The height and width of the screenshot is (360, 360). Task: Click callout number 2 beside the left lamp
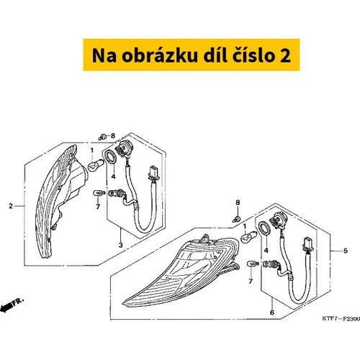coord(11,206)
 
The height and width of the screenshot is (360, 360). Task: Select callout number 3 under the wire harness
coord(121,245)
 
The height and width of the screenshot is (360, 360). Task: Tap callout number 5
coord(346,251)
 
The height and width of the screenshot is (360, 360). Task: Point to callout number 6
coord(272,312)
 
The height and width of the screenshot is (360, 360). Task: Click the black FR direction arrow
coord(6,307)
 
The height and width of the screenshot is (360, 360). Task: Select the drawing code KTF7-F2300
coord(341,319)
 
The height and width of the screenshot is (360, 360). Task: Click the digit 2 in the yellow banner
coord(285,55)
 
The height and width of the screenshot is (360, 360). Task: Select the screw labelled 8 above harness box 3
coord(102,137)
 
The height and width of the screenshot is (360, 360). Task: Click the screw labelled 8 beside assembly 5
coord(237,218)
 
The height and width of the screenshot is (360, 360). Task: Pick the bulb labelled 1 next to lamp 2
coord(96,166)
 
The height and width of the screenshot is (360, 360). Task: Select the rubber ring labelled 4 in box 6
coord(264,228)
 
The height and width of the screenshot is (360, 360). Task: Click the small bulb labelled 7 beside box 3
coord(99,192)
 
